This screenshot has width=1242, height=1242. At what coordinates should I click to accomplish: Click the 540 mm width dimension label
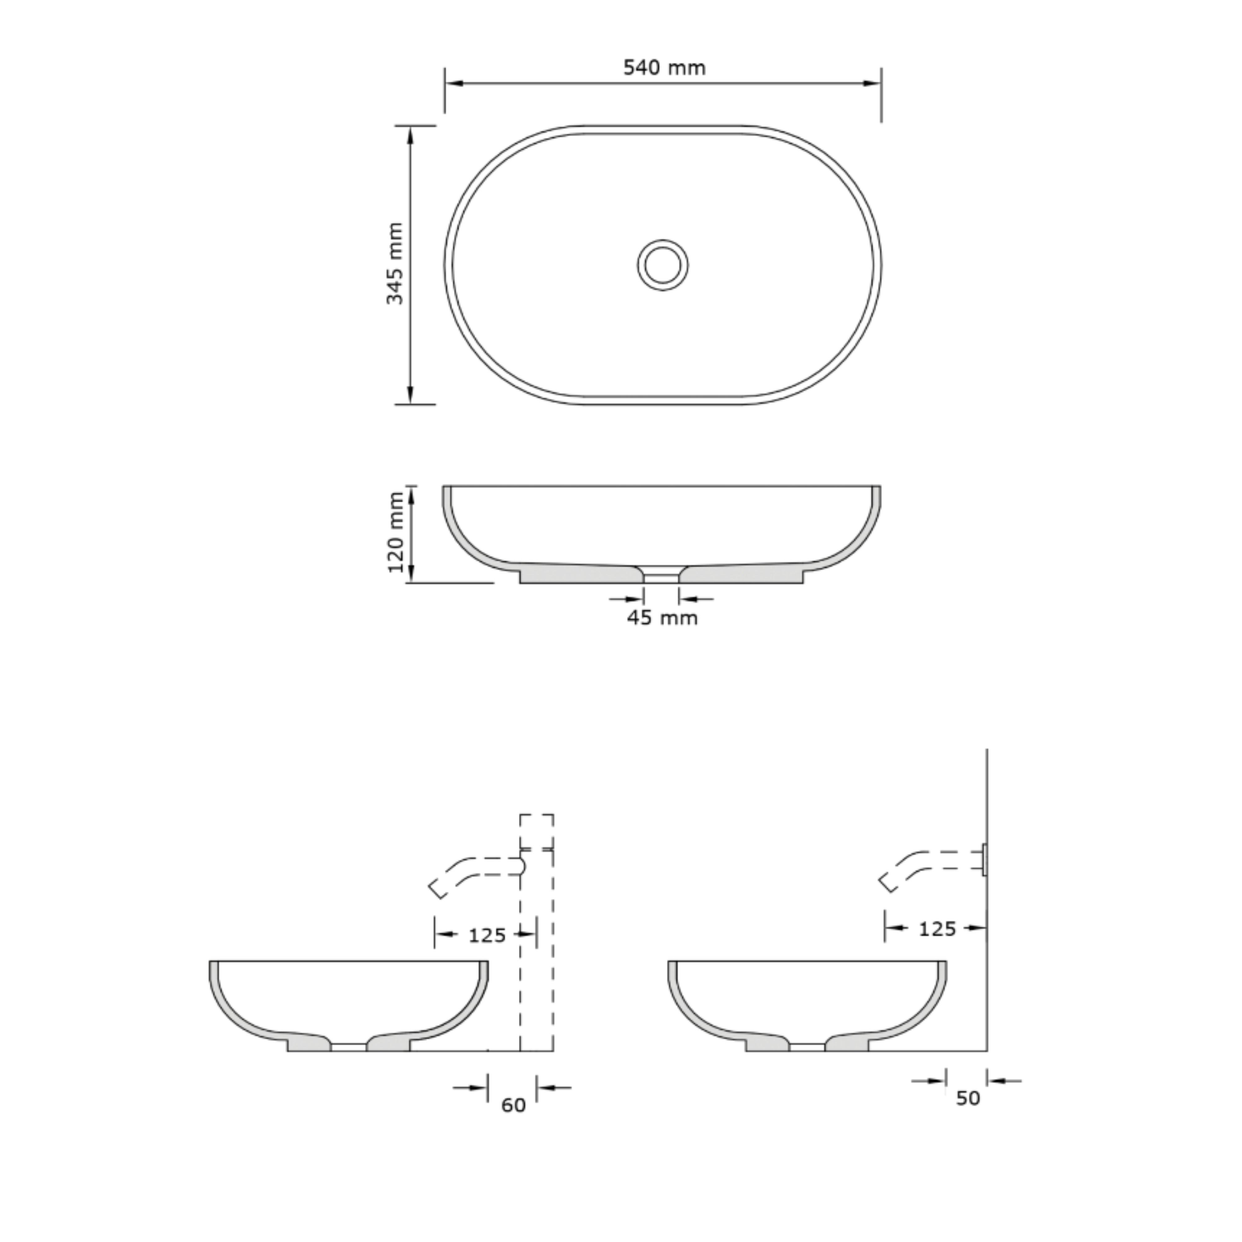664,67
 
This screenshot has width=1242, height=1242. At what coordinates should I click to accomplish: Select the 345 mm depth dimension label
395,264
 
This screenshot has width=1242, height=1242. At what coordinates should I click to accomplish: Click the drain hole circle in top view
663,265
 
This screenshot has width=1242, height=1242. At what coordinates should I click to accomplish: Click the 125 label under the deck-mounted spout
487,935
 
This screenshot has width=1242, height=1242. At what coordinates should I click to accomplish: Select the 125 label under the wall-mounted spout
937,929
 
